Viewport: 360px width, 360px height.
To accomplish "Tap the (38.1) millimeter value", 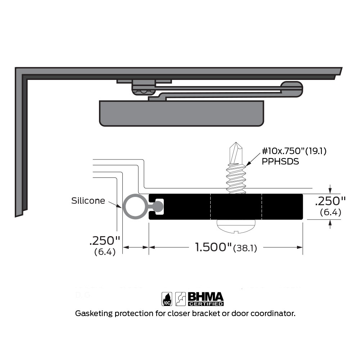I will click(x=245, y=248).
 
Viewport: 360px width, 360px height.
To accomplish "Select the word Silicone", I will click(x=88, y=201).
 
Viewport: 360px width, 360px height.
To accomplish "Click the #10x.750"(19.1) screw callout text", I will click(x=294, y=151).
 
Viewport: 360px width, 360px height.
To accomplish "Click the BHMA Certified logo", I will click(x=206, y=299).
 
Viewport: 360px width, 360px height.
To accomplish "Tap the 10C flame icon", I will click(x=167, y=299).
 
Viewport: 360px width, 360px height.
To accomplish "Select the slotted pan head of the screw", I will click(x=235, y=226).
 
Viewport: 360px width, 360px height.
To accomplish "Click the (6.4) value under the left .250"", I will click(x=104, y=252).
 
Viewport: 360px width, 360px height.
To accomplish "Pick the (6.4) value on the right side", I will click(x=330, y=212).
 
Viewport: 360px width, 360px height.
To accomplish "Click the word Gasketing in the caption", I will click(x=93, y=314).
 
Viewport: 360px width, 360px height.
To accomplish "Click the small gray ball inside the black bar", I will click(x=158, y=206).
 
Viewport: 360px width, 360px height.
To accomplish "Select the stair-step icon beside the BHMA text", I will click(x=181, y=299).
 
